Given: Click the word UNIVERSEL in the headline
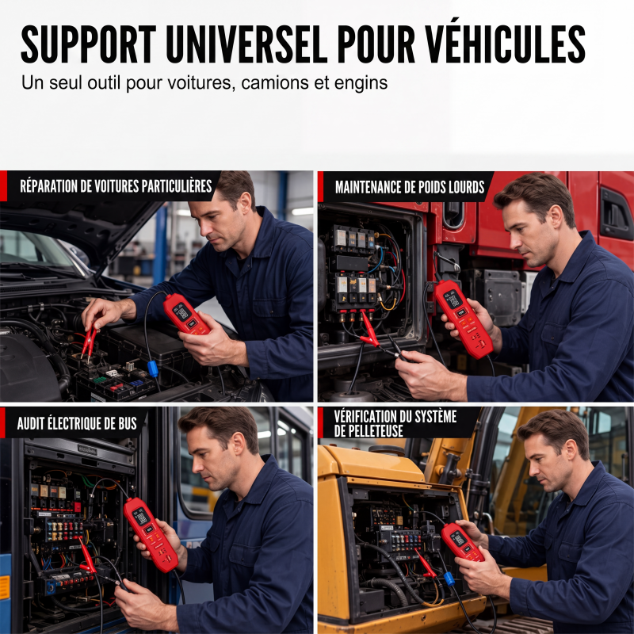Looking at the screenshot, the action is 246,44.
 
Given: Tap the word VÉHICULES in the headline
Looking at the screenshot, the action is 505,43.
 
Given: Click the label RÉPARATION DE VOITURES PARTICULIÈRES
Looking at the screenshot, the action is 116,186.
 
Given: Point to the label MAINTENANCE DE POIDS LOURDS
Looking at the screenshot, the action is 410,187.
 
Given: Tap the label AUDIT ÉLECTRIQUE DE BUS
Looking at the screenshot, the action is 77,423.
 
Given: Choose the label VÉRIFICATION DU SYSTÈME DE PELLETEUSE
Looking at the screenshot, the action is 395,423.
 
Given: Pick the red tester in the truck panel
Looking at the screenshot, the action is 464,319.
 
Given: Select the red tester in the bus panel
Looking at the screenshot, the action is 151,534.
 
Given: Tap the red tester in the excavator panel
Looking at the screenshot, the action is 462,542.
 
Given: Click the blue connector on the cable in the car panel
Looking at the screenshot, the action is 152,369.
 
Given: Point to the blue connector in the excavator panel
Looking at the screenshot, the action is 449,579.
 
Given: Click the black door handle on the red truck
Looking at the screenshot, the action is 616,215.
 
